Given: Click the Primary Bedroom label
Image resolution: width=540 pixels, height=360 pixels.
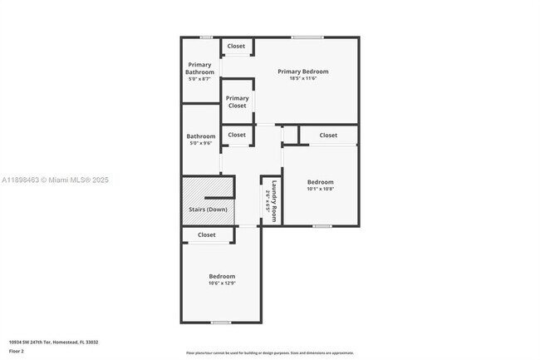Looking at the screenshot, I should [303, 72].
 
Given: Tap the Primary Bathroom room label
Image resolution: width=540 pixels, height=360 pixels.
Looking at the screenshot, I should [199, 68].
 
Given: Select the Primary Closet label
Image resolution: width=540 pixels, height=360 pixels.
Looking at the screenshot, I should [238, 102].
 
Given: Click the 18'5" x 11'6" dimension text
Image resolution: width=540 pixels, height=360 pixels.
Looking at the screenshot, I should [303, 79].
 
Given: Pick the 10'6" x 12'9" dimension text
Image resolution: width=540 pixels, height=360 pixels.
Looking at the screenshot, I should [221, 284].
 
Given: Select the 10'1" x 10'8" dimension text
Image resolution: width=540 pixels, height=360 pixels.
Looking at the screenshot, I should [320, 189].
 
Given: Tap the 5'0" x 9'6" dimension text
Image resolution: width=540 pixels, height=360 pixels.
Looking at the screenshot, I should [200, 144].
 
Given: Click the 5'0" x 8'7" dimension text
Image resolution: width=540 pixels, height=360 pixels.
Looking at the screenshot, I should [199, 80].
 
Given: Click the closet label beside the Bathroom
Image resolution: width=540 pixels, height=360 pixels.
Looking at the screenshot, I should [237, 135].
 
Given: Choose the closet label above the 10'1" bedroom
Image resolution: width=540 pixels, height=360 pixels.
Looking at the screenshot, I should [328, 135].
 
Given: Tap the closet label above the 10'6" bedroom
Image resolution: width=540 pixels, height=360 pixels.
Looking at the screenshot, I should [207, 235].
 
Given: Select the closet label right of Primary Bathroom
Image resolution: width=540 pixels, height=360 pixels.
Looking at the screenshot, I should [237, 46].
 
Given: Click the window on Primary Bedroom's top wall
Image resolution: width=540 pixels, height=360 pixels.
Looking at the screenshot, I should [307, 37].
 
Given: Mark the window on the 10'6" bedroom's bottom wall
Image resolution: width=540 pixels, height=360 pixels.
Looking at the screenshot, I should [220, 323].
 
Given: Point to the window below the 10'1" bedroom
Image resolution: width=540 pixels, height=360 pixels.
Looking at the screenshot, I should [322, 226].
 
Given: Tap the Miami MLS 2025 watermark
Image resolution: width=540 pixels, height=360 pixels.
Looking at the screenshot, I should [55, 180].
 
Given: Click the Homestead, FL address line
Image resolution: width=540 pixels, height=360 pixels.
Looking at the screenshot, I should [53, 342].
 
